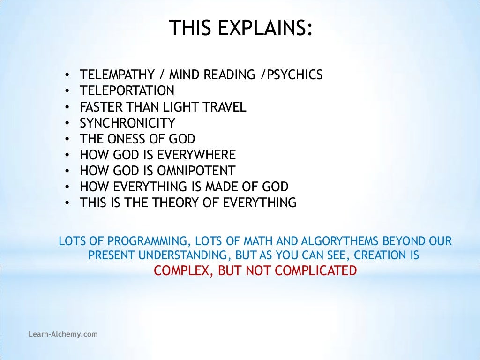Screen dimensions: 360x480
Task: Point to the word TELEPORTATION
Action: [x=127, y=91]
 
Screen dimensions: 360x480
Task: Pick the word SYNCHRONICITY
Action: [x=127, y=123]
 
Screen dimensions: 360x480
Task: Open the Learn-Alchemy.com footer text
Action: [x=63, y=334]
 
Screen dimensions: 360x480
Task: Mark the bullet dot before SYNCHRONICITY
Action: [x=68, y=123]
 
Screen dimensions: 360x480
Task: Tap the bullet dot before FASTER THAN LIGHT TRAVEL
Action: [x=68, y=107]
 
